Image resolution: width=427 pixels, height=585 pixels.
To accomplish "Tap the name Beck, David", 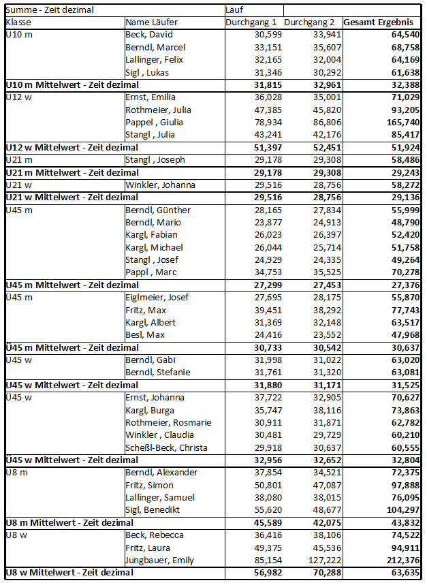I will click(149, 35).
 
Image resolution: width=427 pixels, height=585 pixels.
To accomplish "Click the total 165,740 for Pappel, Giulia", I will click(402, 123).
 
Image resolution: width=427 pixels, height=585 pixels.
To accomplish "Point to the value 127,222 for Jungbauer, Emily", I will click(323, 560).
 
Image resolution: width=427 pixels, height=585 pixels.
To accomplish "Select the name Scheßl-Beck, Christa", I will click(166, 447).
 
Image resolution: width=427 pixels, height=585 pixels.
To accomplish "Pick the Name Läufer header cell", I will click(151, 22).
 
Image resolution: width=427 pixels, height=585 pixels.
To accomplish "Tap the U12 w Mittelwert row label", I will click(72, 148).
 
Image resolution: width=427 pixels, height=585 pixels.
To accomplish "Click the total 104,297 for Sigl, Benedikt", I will click(402, 510).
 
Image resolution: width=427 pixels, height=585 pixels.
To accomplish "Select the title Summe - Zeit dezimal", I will click(49, 10).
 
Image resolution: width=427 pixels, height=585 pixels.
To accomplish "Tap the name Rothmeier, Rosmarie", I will click(168, 423).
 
